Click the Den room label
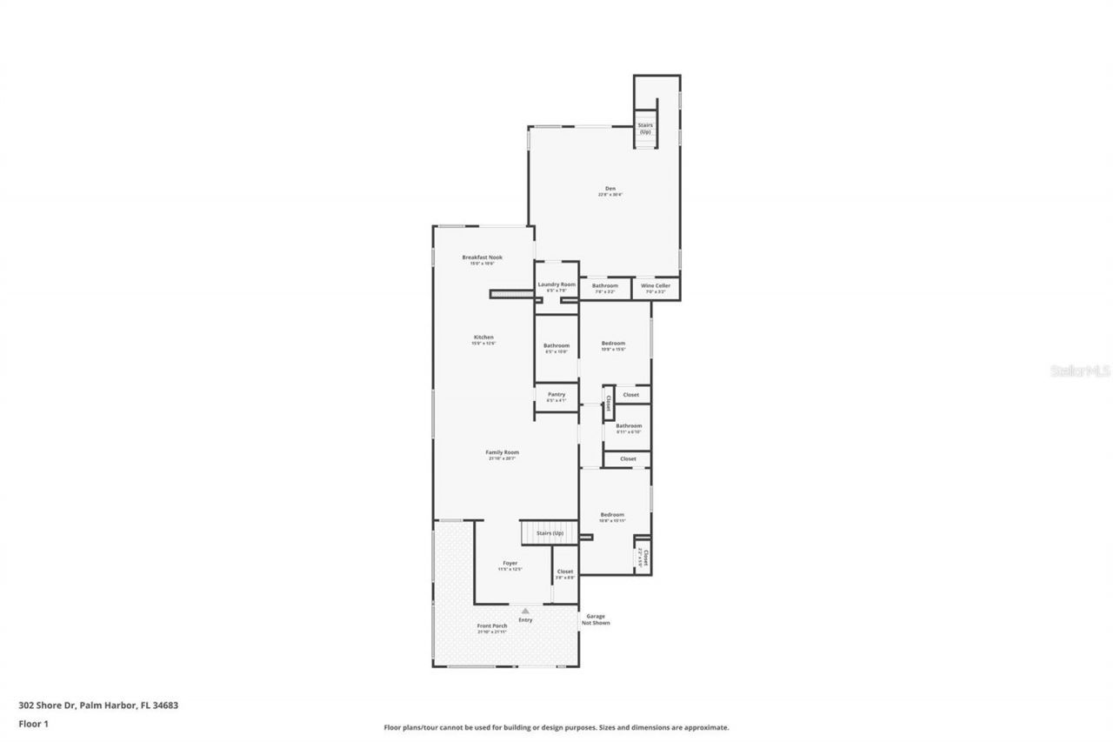click(x=610, y=189)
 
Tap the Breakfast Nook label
click(x=482, y=257)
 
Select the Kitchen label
click(x=483, y=338)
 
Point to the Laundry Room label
click(x=556, y=284)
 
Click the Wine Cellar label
click(x=656, y=285)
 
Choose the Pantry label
click(x=556, y=395)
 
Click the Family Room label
click(x=502, y=452)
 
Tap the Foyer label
click(x=510, y=563)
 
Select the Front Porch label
click(x=492, y=626)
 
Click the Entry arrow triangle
click(x=525, y=612)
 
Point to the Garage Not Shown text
click(x=596, y=618)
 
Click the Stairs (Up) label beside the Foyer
click(x=550, y=533)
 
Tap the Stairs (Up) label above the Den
click(x=645, y=128)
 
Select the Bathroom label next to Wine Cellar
click(x=605, y=285)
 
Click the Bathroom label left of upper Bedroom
click(x=556, y=345)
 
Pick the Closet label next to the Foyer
click(x=565, y=572)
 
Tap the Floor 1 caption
click(x=33, y=723)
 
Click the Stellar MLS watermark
click(x=1080, y=371)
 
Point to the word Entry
click(x=525, y=620)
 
